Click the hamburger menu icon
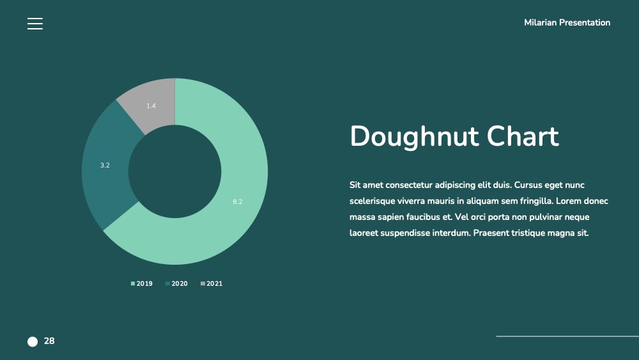coord(35,24)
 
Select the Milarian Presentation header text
coord(567,22)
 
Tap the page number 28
coord(49,341)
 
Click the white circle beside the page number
coord(33,341)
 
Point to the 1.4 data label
coord(151,106)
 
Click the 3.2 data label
coord(105,165)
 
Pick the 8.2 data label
coord(237,201)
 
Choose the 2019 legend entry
coord(142,283)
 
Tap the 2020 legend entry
coord(177,283)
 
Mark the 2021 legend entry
coord(212,283)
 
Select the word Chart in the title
coord(523,136)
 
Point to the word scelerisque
coord(372,201)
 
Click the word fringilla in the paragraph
coord(536,201)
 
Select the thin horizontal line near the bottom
coord(567,336)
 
